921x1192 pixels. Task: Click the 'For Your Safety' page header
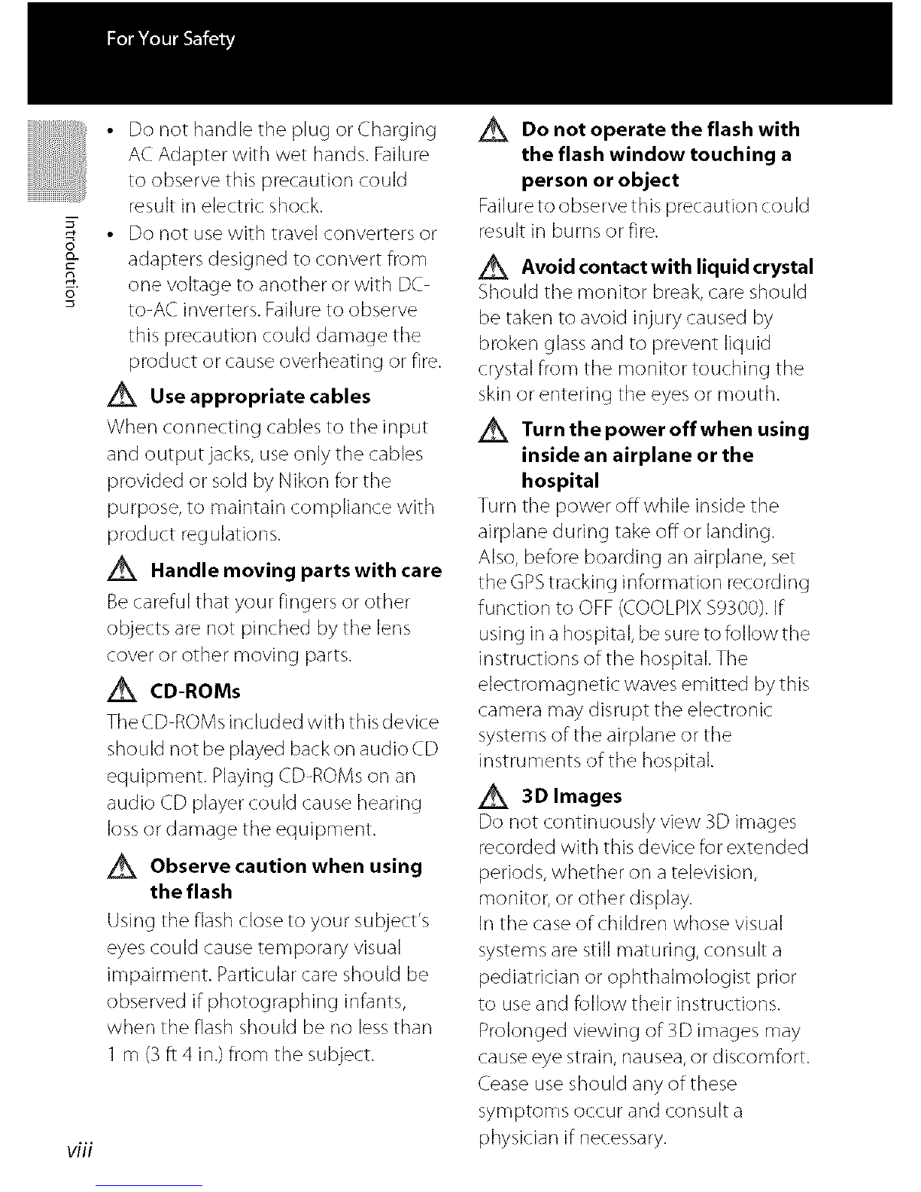tap(171, 38)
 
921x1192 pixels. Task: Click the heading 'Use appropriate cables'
tap(260, 397)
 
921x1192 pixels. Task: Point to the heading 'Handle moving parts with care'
tap(296, 570)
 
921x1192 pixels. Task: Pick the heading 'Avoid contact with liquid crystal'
tap(667, 267)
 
